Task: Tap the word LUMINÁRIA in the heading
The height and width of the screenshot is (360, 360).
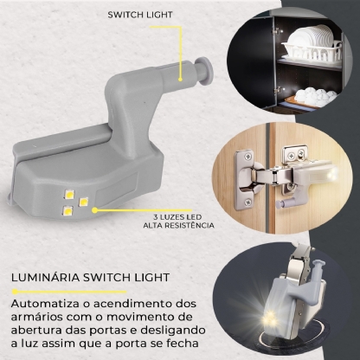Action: click(x=44, y=280)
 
